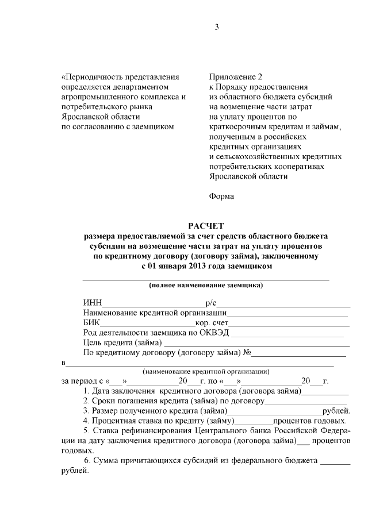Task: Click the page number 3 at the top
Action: point(217,27)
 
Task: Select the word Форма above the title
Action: point(221,197)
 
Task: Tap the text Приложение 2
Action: point(236,76)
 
